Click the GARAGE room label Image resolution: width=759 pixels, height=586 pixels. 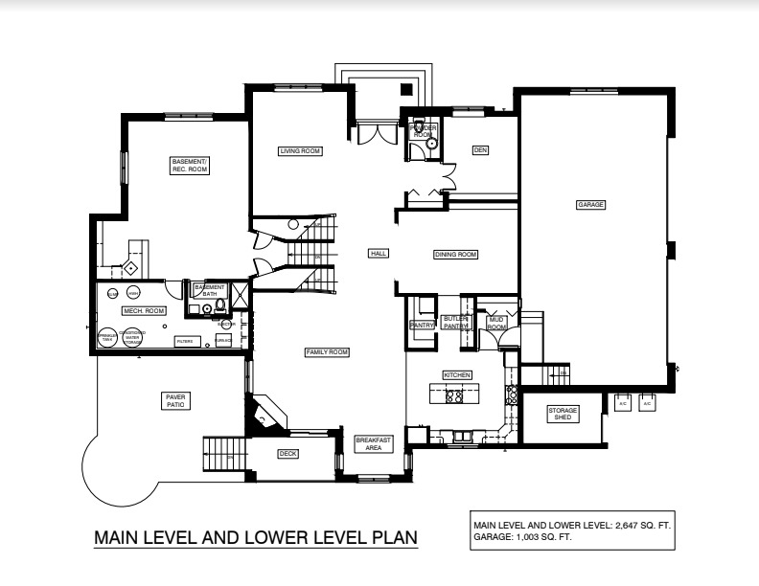tap(590, 204)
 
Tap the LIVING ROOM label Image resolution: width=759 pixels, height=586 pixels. tap(299, 151)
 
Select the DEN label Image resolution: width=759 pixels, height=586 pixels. tap(480, 150)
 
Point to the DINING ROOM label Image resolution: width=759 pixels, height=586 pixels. tap(455, 254)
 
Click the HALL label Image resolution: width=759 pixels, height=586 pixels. tap(379, 254)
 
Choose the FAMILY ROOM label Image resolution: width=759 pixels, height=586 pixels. tap(327, 352)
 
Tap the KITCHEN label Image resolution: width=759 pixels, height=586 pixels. tap(454, 374)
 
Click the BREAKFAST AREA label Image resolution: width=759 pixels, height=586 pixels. tap(373, 443)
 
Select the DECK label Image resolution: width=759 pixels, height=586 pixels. tap(287, 454)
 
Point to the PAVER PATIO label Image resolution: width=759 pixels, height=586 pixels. tap(175, 400)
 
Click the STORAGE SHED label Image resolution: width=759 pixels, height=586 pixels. tap(563, 414)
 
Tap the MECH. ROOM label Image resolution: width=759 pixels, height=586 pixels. tap(144, 311)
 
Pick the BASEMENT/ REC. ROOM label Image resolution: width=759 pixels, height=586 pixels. tap(190, 165)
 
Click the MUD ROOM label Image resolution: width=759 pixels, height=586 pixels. tap(496, 324)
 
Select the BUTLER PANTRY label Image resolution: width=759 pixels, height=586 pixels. tap(454, 322)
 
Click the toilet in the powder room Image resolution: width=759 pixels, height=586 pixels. tap(431, 146)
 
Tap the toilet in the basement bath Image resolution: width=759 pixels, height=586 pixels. tap(219, 307)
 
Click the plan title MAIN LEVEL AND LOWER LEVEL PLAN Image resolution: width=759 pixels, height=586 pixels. tap(255, 538)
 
